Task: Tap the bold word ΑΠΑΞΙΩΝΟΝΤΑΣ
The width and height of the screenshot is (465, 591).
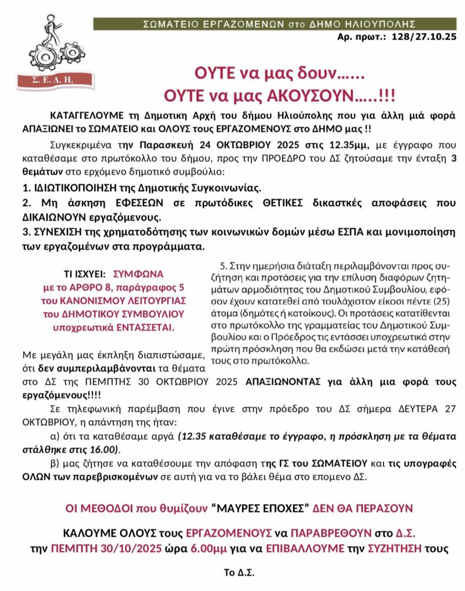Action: point(284,382)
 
